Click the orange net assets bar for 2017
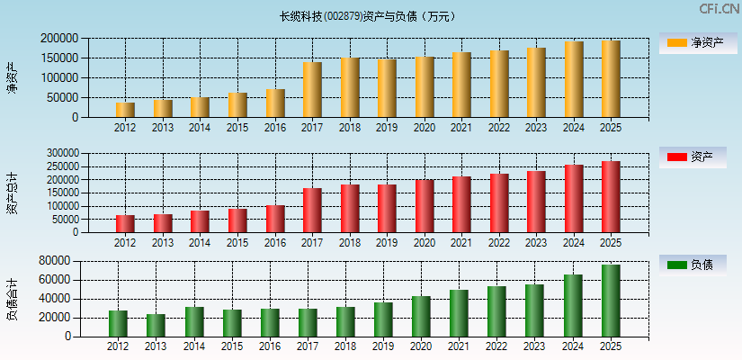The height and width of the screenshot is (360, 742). [312, 89]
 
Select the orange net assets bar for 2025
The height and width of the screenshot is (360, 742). [611, 78]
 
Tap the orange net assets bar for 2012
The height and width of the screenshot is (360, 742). [125, 109]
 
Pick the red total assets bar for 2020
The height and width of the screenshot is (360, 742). [425, 206]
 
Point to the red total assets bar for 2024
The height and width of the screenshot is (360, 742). [574, 198]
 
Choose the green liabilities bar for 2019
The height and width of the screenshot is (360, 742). [383, 319]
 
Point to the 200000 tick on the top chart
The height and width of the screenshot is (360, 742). [58, 39]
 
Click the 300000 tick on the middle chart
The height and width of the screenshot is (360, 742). [58, 154]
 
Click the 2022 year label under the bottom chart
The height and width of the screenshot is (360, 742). [497, 346]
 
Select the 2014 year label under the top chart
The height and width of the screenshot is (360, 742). [200, 128]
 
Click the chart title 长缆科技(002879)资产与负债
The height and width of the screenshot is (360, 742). [368, 16]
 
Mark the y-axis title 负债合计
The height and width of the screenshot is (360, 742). [13, 299]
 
